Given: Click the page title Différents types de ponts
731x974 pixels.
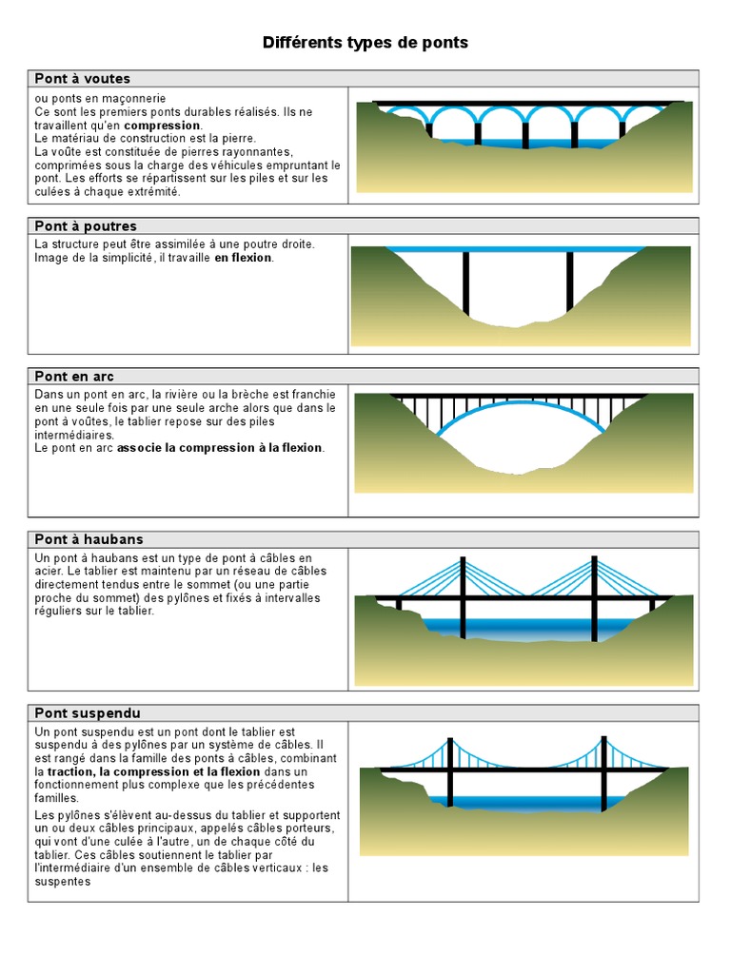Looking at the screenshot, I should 365,43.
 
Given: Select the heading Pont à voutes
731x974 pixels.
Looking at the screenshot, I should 83,78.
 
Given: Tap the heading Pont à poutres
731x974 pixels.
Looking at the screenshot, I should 86,226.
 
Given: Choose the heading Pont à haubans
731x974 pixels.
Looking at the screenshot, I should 89,539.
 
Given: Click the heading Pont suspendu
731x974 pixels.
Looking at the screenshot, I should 88,712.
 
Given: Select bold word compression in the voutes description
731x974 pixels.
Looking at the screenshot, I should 162,125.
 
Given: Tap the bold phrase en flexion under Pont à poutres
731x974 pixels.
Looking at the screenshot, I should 243,258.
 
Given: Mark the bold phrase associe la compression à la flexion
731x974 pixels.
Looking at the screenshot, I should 220,448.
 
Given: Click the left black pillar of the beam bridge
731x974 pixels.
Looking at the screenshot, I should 465,282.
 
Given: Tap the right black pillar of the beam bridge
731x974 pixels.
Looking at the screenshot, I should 569,281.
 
